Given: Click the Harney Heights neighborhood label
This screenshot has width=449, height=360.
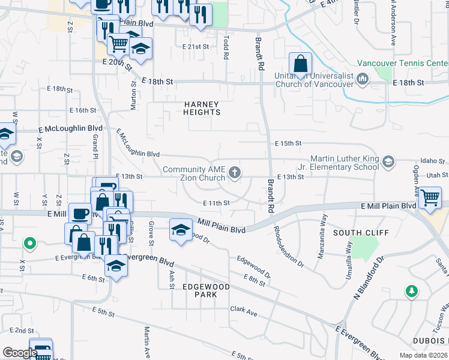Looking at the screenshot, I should click(x=202, y=108).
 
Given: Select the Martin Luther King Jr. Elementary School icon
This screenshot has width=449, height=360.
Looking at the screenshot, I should click(x=388, y=161).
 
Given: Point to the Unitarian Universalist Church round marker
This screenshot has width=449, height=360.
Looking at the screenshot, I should click(x=362, y=79).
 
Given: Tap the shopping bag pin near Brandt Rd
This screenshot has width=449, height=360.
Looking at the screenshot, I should click(x=300, y=64).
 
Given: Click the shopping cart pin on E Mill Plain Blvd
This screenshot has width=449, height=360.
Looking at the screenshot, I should click(x=430, y=198).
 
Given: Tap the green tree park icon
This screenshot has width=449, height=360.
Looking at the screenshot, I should click(x=411, y=292).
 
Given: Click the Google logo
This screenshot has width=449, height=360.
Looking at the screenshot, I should click(x=19, y=353).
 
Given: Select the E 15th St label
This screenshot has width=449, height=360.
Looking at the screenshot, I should click(x=288, y=143).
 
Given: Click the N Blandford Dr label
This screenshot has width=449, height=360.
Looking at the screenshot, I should click(x=367, y=280).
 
